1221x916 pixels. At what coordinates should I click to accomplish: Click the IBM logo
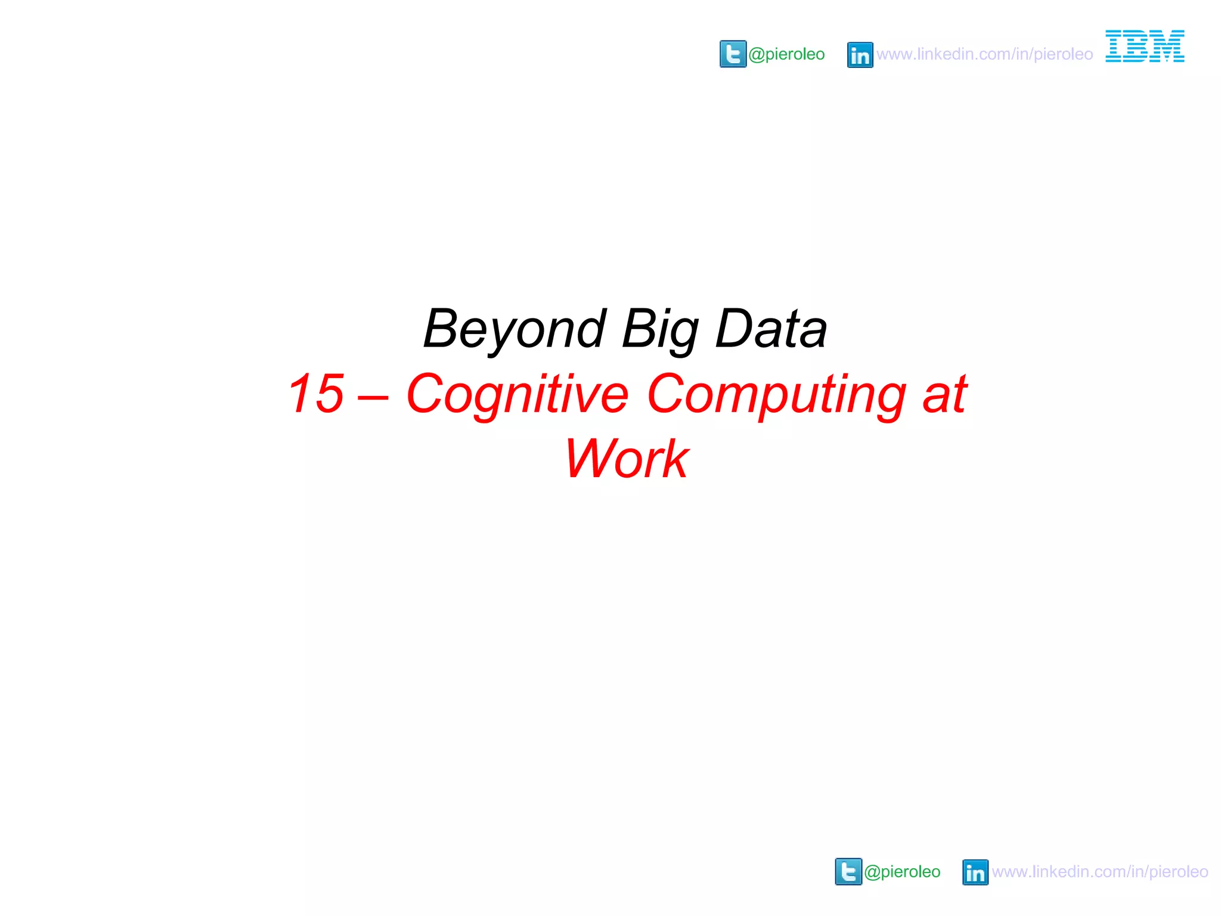click(x=1145, y=46)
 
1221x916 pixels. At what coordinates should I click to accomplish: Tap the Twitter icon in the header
click(x=733, y=54)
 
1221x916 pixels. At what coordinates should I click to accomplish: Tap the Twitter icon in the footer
click(x=848, y=871)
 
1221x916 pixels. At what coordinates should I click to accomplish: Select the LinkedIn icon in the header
click(x=860, y=55)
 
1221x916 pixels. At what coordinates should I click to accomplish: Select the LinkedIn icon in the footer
click(x=975, y=872)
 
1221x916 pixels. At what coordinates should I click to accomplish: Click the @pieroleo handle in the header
click(x=786, y=54)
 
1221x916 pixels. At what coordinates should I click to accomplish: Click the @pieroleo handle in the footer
click(x=902, y=872)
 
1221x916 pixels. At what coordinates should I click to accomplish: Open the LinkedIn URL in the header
click(x=984, y=54)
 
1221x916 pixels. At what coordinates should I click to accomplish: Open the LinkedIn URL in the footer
click(x=1099, y=872)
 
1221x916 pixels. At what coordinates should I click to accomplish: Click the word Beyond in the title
click(x=514, y=329)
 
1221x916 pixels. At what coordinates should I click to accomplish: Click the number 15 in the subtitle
click(x=316, y=394)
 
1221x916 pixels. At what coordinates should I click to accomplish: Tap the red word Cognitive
click(x=517, y=395)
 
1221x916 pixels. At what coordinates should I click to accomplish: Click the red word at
click(x=944, y=395)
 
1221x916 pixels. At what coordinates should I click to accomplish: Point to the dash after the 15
click(x=374, y=395)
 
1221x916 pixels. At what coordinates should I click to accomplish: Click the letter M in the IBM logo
click(x=1167, y=46)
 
